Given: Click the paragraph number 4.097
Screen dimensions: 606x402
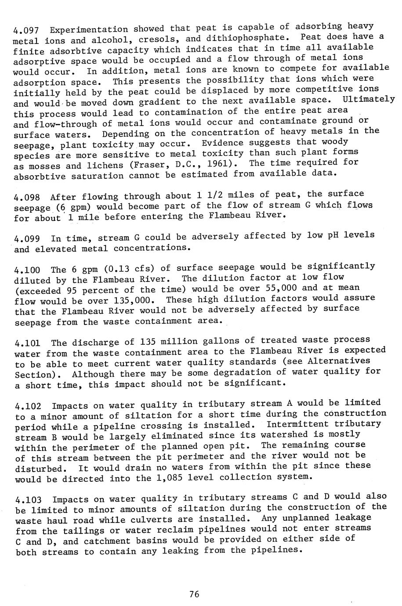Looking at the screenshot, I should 27,31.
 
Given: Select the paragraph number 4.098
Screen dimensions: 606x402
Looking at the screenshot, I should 27,197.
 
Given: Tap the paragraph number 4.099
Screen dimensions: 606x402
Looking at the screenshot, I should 27,239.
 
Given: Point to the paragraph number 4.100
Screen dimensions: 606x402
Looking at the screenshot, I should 27,270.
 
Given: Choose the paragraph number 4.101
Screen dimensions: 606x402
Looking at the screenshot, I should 27,343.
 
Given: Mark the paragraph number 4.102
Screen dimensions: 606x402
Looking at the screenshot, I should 28,406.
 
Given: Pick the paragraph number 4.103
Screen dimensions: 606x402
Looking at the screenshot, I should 28,500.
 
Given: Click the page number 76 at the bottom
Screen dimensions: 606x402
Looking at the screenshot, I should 194,594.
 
